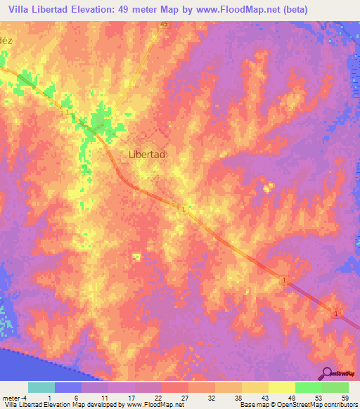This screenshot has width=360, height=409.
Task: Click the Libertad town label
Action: (147, 155)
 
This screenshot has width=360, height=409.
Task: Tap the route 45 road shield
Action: (164, 25)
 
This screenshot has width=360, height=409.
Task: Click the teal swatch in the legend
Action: (41, 387)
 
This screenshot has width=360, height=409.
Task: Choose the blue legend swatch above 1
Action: (67, 387)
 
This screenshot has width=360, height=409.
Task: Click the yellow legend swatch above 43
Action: (255, 387)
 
